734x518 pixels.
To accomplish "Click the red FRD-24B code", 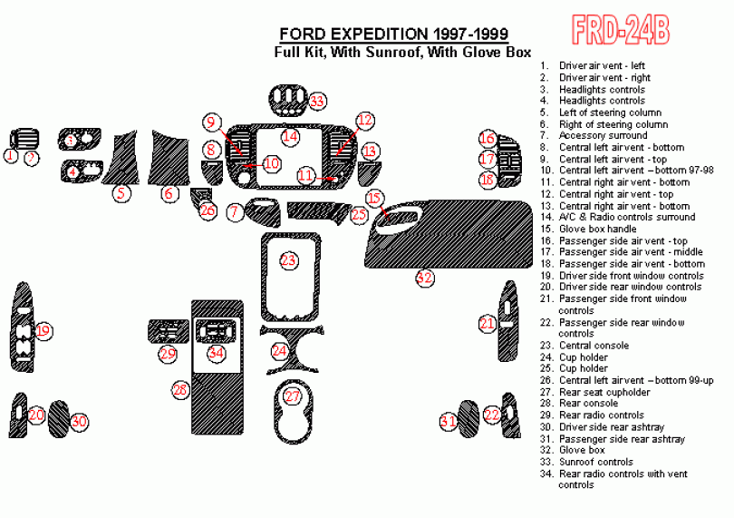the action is coord(620,30).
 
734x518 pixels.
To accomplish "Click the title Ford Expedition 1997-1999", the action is coord(393,34).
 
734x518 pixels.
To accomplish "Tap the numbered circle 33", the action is coord(317,102).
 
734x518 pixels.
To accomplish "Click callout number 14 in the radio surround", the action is coord(290,136).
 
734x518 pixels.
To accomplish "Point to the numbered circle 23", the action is coord(289,260).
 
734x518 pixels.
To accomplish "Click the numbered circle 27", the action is coord(292,396).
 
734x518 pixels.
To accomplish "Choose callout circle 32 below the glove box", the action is coord(425,278).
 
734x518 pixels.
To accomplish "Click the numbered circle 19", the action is coord(43,331).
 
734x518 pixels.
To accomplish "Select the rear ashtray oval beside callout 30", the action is coord(58,418).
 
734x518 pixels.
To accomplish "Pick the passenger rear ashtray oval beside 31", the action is coord(468,419).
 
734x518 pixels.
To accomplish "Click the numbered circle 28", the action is coord(180,390).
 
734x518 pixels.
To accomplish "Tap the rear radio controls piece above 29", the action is coord(168,331).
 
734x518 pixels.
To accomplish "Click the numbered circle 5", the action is coord(121,193).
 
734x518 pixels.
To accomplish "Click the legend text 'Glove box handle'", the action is coord(598,230).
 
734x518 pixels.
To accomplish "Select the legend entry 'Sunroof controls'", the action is coord(596,462).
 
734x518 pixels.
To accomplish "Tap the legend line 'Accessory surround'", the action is coord(603,135).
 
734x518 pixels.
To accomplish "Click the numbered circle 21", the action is coord(488,324).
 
